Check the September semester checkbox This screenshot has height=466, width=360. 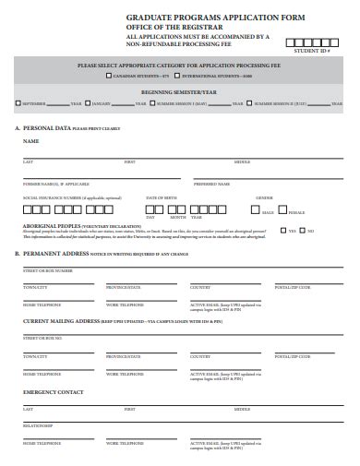tap(17, 103)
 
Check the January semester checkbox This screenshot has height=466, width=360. tap(89, 103)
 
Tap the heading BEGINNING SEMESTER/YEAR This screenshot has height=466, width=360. tap(179, 92)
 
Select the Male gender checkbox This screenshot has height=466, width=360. tap(257, 211)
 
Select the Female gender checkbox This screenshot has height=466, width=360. tap(284, 211)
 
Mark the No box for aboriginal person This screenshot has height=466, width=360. tap(301, 231)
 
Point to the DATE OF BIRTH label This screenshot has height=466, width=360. tap(162, 197)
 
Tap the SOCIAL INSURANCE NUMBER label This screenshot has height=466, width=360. tap(58, 197)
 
